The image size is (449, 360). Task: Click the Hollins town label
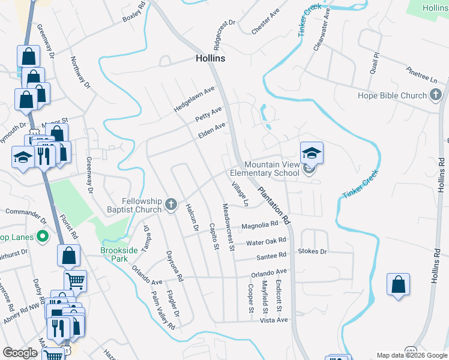point(210,58)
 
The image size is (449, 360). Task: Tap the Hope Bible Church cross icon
point(435,95)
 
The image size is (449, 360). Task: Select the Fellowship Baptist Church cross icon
point(171,205)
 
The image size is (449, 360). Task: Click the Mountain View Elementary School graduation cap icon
point(312,154)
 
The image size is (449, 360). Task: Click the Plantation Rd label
point(274,206)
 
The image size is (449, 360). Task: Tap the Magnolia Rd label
point(260,226)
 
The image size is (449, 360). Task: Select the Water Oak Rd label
point(266,242)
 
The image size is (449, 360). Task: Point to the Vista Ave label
point(274,320)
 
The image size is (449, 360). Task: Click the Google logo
point(20,353)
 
